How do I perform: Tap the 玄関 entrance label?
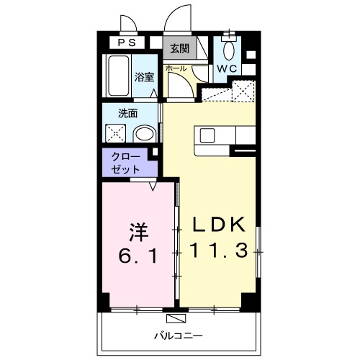[180, 49]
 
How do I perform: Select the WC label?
[228, 69]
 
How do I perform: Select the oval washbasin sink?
[145, 133]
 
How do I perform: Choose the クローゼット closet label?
[126, 163]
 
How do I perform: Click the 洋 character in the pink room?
[139, 232]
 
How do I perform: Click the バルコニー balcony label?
[178, 336]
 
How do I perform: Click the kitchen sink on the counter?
[208, 135]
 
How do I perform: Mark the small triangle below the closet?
[153, 186]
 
